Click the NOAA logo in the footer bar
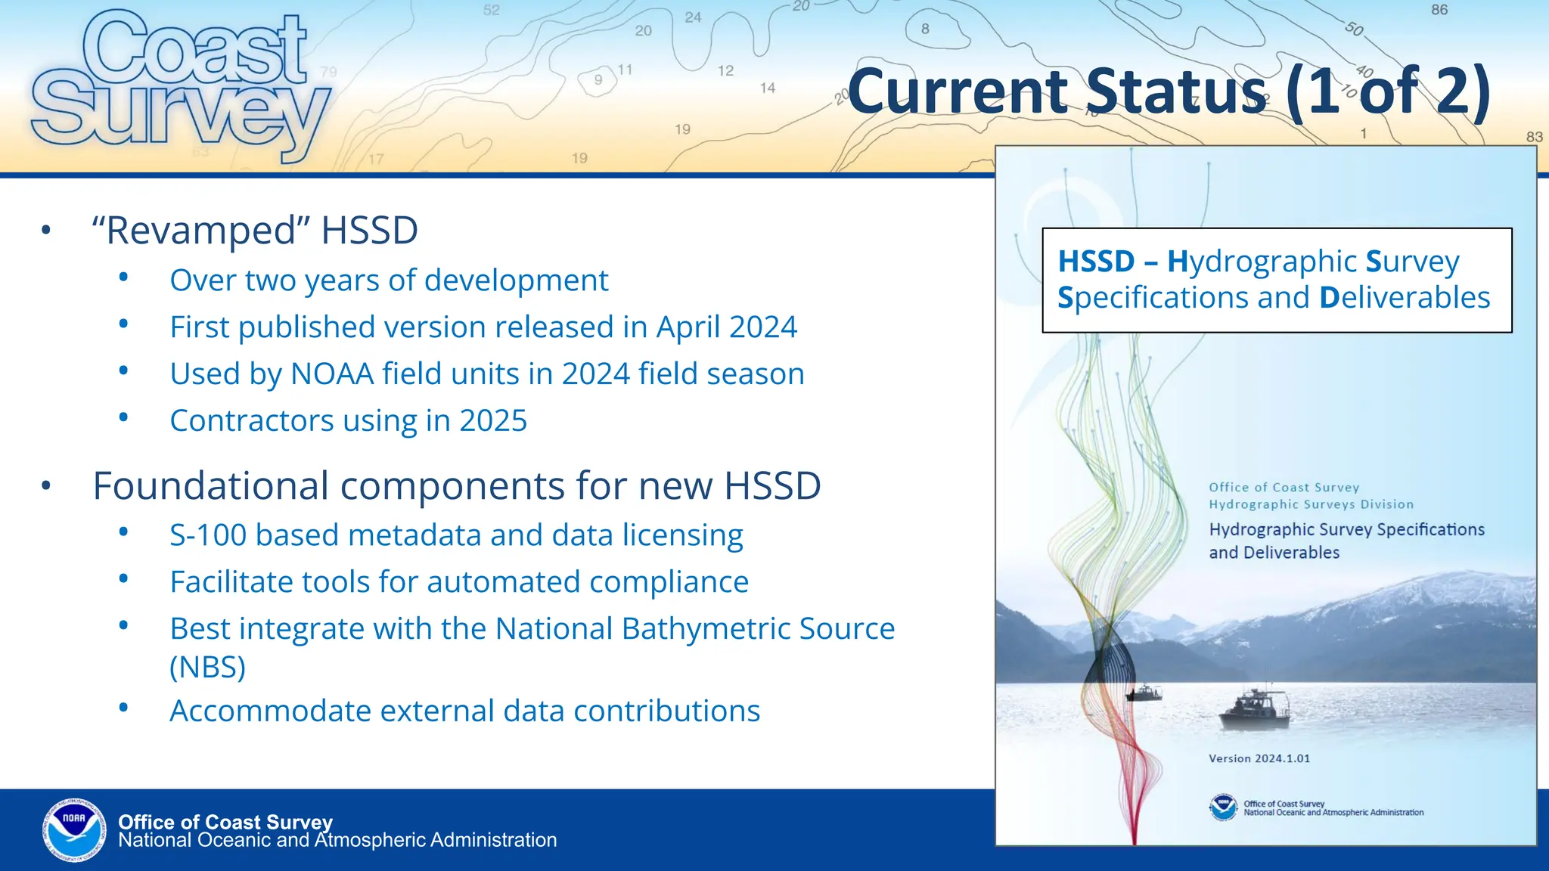[x=74, y=829]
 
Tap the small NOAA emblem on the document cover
[x=1223, y=807]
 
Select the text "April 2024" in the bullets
[x=726, y=327]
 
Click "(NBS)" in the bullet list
[x=208, y=668]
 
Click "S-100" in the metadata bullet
[x=207, y=535]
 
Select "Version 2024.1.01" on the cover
[x=1259, y=758]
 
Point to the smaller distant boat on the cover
[x=1144, y=693]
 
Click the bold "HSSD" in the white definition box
[x=1096, y=262]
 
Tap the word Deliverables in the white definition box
[x=1405, y=298]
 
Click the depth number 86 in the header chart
[x=1439, y=10]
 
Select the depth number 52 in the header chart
[x=492, y=10]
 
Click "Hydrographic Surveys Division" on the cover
[x=1310, y=504]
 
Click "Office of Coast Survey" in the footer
[x=225, y=822]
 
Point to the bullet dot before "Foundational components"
[x=46, y=485]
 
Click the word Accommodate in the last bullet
[x=269, y=711]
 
